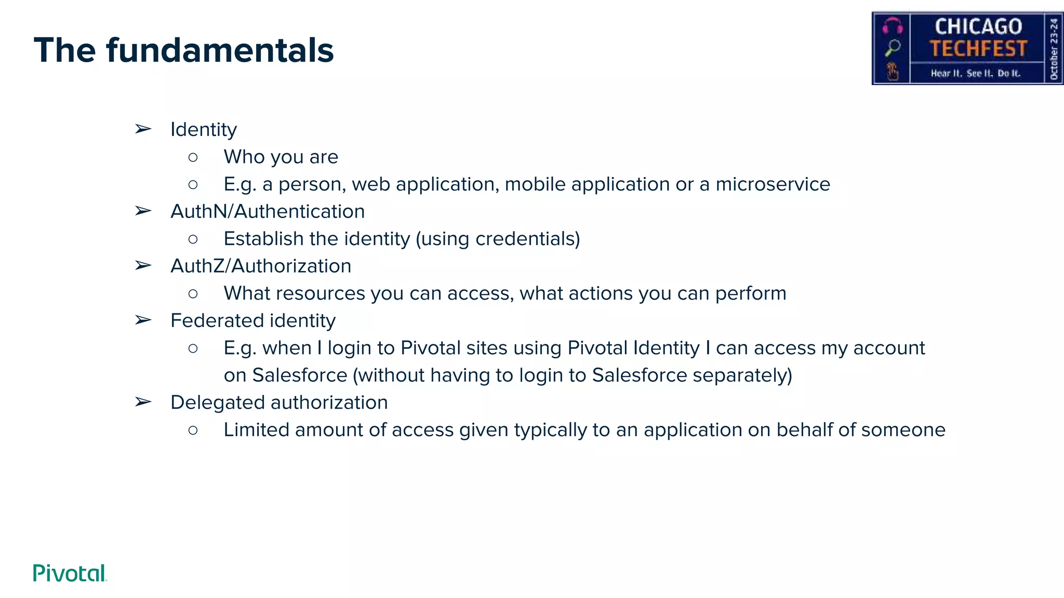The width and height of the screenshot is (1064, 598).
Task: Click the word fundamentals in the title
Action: (x=220, y=50)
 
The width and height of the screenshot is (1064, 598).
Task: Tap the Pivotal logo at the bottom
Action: (x=70, y=573)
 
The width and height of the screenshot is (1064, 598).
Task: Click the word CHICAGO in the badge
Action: (x=978, y=26)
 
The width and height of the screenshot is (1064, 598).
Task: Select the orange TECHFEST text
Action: (x=978, y=49)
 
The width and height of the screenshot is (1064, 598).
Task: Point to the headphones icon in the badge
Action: (x=893, y=25)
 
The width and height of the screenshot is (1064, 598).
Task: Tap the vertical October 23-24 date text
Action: (x=1054, y=48)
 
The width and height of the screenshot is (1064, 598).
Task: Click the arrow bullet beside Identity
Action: (x=143, y=129)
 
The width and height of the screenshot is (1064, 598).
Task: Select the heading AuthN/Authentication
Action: (x=268, y=211)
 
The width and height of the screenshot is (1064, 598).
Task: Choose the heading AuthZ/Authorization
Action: (x=261, y=266)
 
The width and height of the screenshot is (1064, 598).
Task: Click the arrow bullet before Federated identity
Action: (x=143, y=320)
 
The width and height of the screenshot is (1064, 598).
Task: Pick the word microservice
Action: (x=773, y=184)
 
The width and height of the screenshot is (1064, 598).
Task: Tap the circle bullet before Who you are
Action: (x=193, y=157)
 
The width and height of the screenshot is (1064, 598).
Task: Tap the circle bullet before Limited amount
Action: (x=193, y=430)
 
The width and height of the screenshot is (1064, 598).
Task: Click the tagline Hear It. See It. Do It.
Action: (x=975, y=73)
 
